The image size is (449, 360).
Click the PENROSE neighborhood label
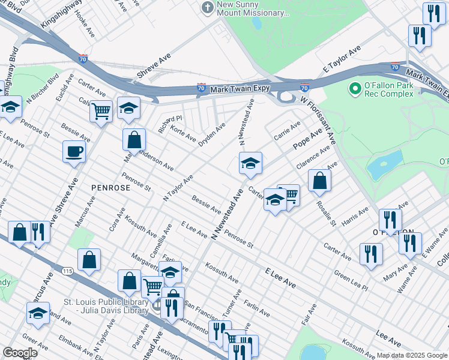[110, 188]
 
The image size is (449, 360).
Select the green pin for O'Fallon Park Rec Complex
[355, 88]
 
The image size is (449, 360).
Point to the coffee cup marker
[74, 151]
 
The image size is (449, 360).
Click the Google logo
[20, 353]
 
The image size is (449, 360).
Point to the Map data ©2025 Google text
[411, 355]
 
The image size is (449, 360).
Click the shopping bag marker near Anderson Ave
[134, 140]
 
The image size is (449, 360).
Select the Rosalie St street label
[329, 214]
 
